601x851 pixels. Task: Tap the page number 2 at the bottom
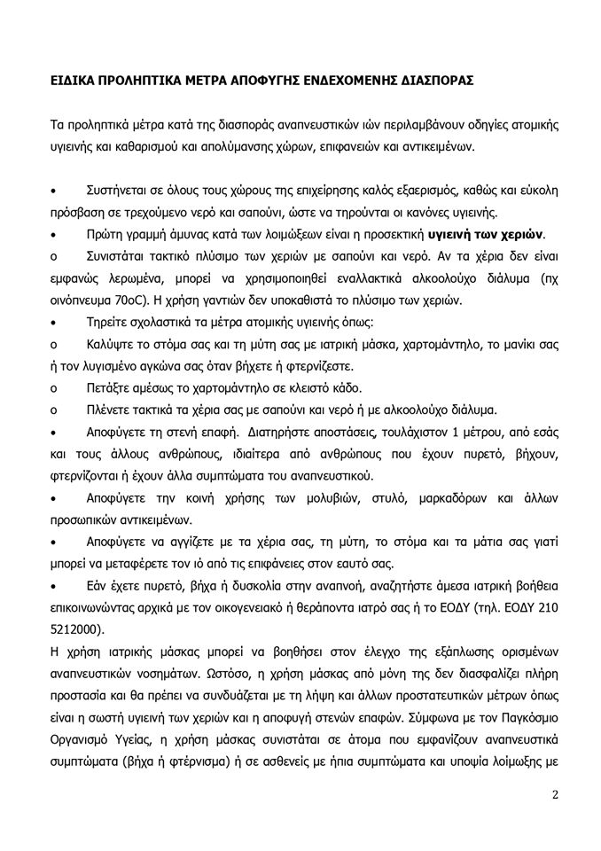pyautogui.click(x=554, y=793)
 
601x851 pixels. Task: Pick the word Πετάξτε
pyautogui.click(x=107, y=387)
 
